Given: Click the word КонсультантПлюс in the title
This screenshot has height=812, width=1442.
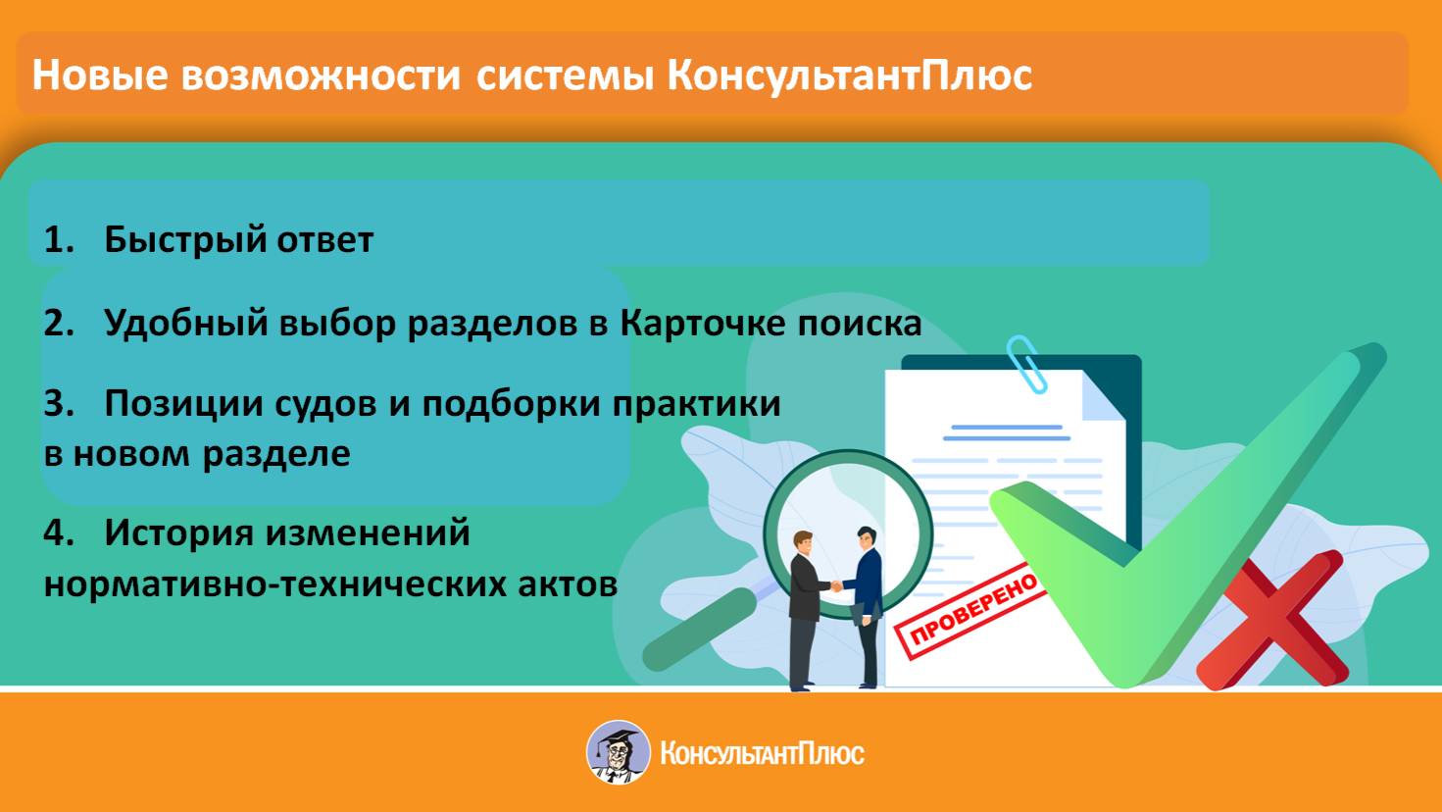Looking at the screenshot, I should click(849, 76).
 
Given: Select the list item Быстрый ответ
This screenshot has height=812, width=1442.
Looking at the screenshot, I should click(238, 240).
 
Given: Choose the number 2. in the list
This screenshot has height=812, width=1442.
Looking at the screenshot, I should click(59, 323).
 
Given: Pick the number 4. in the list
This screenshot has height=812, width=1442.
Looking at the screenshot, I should click(59, 533).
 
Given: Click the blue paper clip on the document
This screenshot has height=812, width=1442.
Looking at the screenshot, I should click(1027, 364).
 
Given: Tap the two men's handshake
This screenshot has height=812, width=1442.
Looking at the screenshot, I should click(835, 585).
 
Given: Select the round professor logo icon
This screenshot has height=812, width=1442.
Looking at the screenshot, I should click(619, 753).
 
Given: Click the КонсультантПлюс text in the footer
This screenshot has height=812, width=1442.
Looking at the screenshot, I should click(762, 754).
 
